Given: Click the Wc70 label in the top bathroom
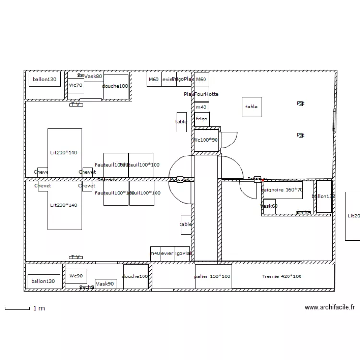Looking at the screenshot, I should click(75, 85).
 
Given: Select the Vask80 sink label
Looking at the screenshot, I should click(93, 76).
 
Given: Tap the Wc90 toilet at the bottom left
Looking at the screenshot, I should click(76, 276).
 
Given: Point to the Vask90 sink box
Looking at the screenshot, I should click(105, 284).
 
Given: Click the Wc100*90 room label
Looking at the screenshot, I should click(205, 140).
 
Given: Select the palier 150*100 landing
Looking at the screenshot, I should click(213, 277).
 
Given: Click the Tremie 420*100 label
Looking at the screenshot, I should click(282, 276).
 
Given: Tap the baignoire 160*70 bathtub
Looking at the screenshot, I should click(282, 190).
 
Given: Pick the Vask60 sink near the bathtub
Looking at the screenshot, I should click(269, 206).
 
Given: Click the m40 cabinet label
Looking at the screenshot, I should click(201, 108).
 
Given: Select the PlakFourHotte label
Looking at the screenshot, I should click(201, 94).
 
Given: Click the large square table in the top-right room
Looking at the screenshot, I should click(252, 107).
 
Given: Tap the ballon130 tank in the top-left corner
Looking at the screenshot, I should click(45, 80).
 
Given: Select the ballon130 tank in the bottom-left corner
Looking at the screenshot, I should click(43, 282).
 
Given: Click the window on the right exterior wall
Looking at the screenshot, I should click(334, 120).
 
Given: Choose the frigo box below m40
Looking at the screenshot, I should click(202, 119).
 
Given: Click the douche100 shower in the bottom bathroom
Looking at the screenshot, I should click(135, 277).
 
